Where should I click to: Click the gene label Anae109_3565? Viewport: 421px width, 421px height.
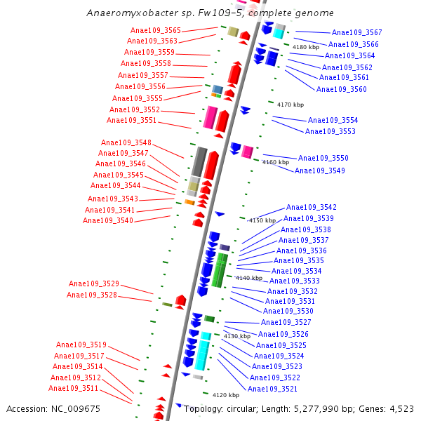(156, 30)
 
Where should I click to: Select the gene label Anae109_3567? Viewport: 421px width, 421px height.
(356, 33)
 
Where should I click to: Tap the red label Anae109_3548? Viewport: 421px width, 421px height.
(126, 142)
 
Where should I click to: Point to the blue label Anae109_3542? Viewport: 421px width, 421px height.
(311, 207)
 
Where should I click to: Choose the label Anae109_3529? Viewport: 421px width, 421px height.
(93, 283)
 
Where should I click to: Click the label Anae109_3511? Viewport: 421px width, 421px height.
(74, 388)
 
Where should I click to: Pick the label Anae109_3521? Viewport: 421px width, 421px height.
(272, 389)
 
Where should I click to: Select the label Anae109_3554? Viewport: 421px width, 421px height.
(333, 120)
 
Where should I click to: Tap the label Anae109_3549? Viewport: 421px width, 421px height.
(320, 171)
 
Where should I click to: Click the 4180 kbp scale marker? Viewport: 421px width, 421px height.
(305, 47)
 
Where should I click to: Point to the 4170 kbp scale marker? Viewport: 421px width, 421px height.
(290, 105)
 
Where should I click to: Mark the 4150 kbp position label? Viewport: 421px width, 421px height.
(262, 220)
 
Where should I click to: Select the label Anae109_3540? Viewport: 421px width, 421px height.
(108, 220)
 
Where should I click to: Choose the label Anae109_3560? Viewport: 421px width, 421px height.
(341, 89)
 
